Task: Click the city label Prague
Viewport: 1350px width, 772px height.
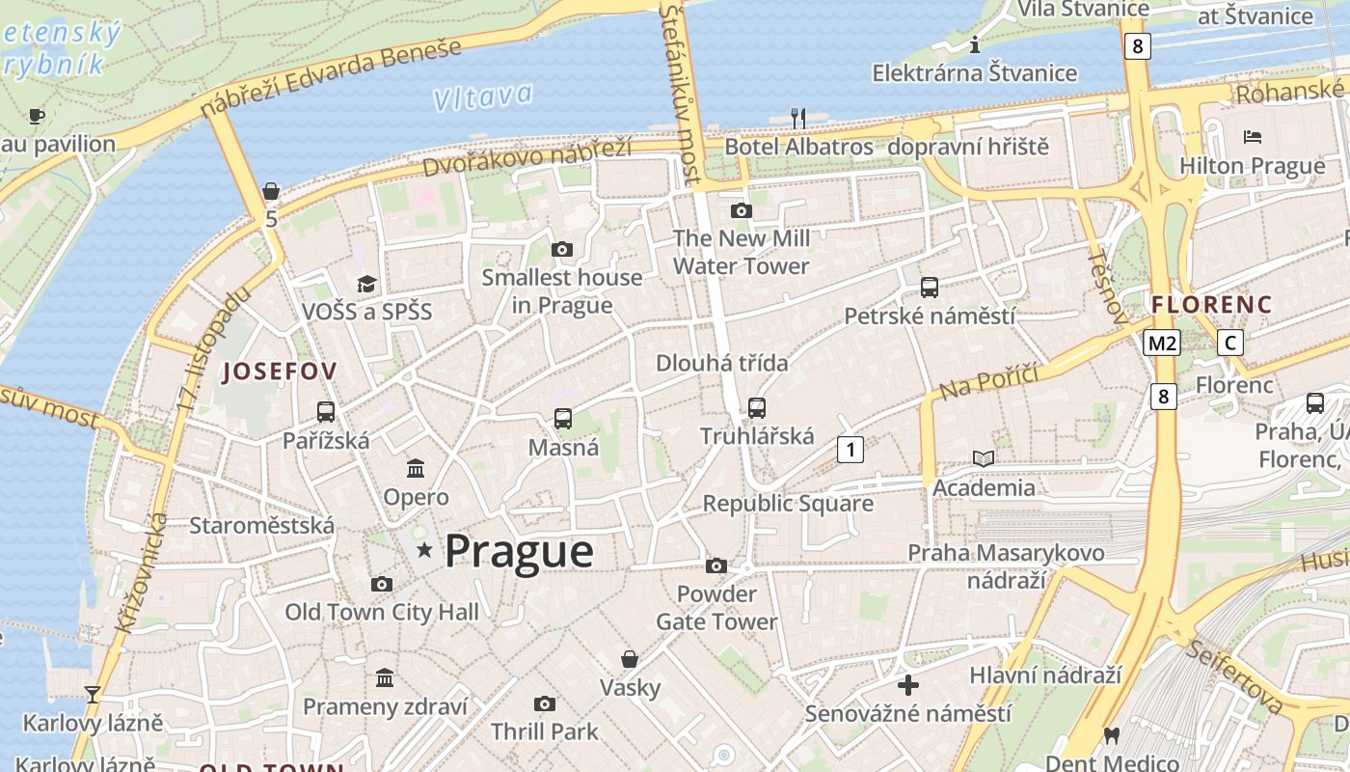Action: tap(519, 551)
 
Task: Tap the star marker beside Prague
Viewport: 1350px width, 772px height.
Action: tap(424, 550)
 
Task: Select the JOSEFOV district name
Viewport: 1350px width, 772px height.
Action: tap(280, 372)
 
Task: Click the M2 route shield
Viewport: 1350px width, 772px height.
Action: tap(1162, 343)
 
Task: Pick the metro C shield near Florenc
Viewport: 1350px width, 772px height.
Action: tap(1229, 343)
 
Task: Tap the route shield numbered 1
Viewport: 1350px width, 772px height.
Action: tap(850, 449)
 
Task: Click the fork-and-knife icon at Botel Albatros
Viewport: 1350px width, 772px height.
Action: tap(798, 118)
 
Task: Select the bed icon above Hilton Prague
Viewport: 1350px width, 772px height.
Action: tap(1253, 136)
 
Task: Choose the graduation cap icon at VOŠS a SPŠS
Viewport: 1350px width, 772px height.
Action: tap(366, 284)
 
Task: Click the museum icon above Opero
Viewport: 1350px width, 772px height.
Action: tap(416, 468)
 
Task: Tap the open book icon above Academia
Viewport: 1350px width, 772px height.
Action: tap(984, 458)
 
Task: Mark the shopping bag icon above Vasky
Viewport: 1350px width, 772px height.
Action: tap(630, 659)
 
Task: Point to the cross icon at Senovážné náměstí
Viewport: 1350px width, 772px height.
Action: tap(907, 685)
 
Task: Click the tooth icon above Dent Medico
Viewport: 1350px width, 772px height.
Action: tap(1111, 736)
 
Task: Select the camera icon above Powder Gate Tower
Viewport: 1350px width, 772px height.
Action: tap(715, 565)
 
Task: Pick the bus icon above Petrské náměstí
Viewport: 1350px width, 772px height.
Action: tap(930, 287)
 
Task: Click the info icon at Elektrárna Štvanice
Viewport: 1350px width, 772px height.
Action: tap(975, 44)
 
